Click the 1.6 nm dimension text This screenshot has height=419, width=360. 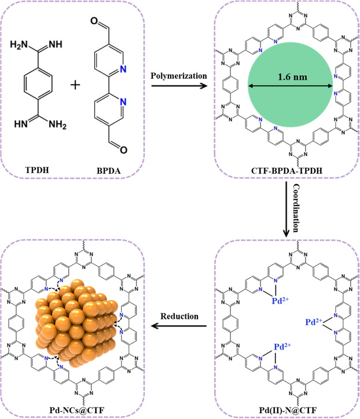(290, 75)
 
